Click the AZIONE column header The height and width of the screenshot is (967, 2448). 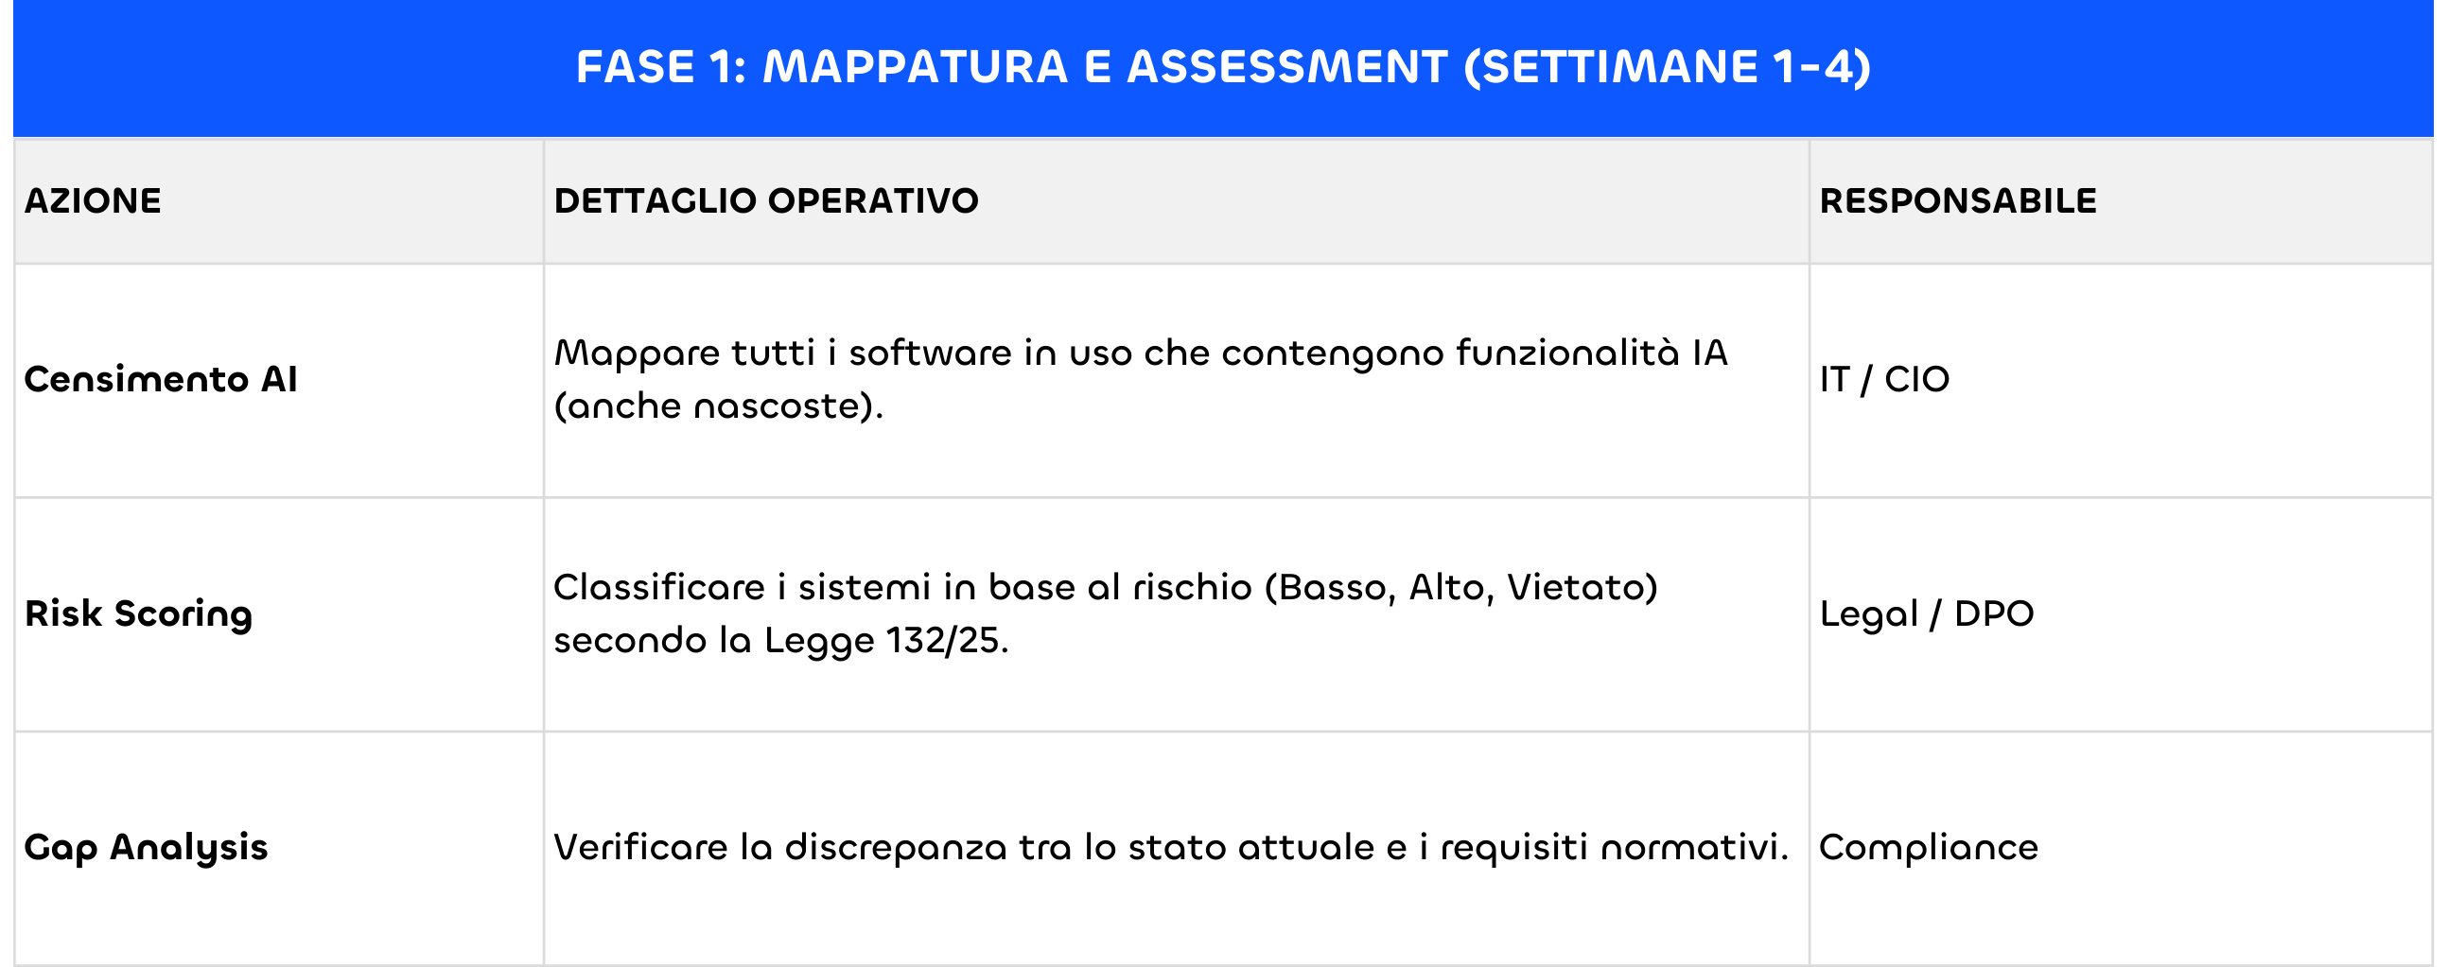92,201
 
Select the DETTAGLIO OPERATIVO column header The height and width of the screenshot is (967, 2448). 766,201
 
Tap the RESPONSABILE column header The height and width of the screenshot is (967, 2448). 1958,201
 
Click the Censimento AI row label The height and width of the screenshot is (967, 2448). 161,380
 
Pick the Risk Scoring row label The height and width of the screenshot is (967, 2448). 139,614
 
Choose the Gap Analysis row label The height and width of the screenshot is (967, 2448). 147,847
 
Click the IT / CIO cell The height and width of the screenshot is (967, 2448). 1884,380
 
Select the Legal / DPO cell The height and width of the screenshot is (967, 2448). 1926,614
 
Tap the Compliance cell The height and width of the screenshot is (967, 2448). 1928,847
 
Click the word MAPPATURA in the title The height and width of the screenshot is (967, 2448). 915,67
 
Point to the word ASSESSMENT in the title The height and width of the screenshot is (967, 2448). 1286,67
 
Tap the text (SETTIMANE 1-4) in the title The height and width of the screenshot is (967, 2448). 1668,67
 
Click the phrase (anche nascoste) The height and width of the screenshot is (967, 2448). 719,406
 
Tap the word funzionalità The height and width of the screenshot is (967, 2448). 1568,354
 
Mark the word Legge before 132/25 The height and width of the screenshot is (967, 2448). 819,641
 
